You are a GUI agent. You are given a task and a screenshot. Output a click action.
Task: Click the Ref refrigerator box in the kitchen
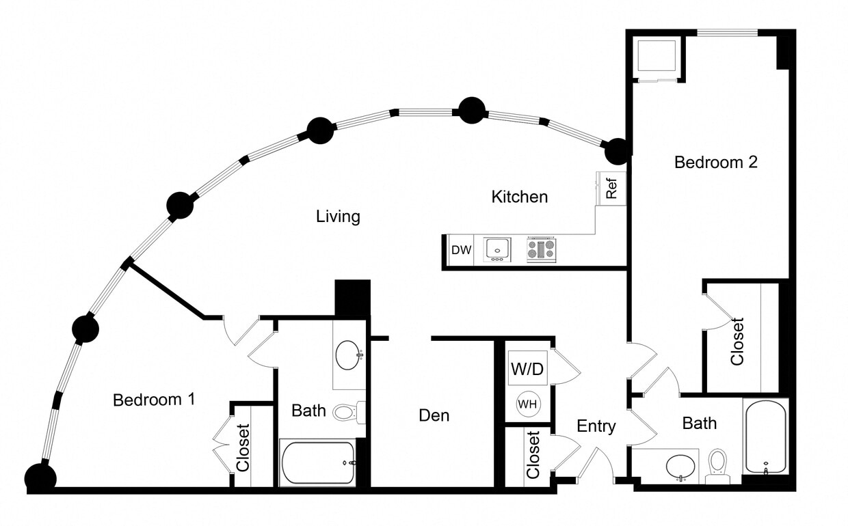[612, 188]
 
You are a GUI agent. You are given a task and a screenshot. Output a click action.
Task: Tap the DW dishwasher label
[462, 250]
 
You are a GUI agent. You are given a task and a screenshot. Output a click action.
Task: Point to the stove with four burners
[541, 249]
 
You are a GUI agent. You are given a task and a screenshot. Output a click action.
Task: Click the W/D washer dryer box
[527, 370]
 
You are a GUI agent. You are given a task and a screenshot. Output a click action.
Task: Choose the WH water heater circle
[527, 404]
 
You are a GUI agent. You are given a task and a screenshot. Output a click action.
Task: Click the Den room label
[434, 415]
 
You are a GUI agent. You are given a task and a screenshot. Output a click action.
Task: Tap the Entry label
[596, 426]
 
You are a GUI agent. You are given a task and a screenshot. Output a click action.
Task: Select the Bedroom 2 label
[715, 163]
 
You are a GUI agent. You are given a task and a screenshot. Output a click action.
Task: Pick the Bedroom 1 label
[154, 400]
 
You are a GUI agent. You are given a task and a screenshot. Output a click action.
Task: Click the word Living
[338, 217]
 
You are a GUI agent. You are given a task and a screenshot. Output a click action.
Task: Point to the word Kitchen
[520, 197]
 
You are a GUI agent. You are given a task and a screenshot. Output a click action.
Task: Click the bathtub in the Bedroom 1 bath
[318, 462]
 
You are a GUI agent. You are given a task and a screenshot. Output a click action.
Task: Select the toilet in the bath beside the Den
[345, 412]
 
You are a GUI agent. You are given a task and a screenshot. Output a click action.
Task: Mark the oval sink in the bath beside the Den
[348, 355]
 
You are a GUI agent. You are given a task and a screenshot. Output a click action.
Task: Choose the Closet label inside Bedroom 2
[737, 342]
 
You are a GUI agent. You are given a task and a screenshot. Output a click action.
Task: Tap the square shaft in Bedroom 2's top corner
[657, 57]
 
